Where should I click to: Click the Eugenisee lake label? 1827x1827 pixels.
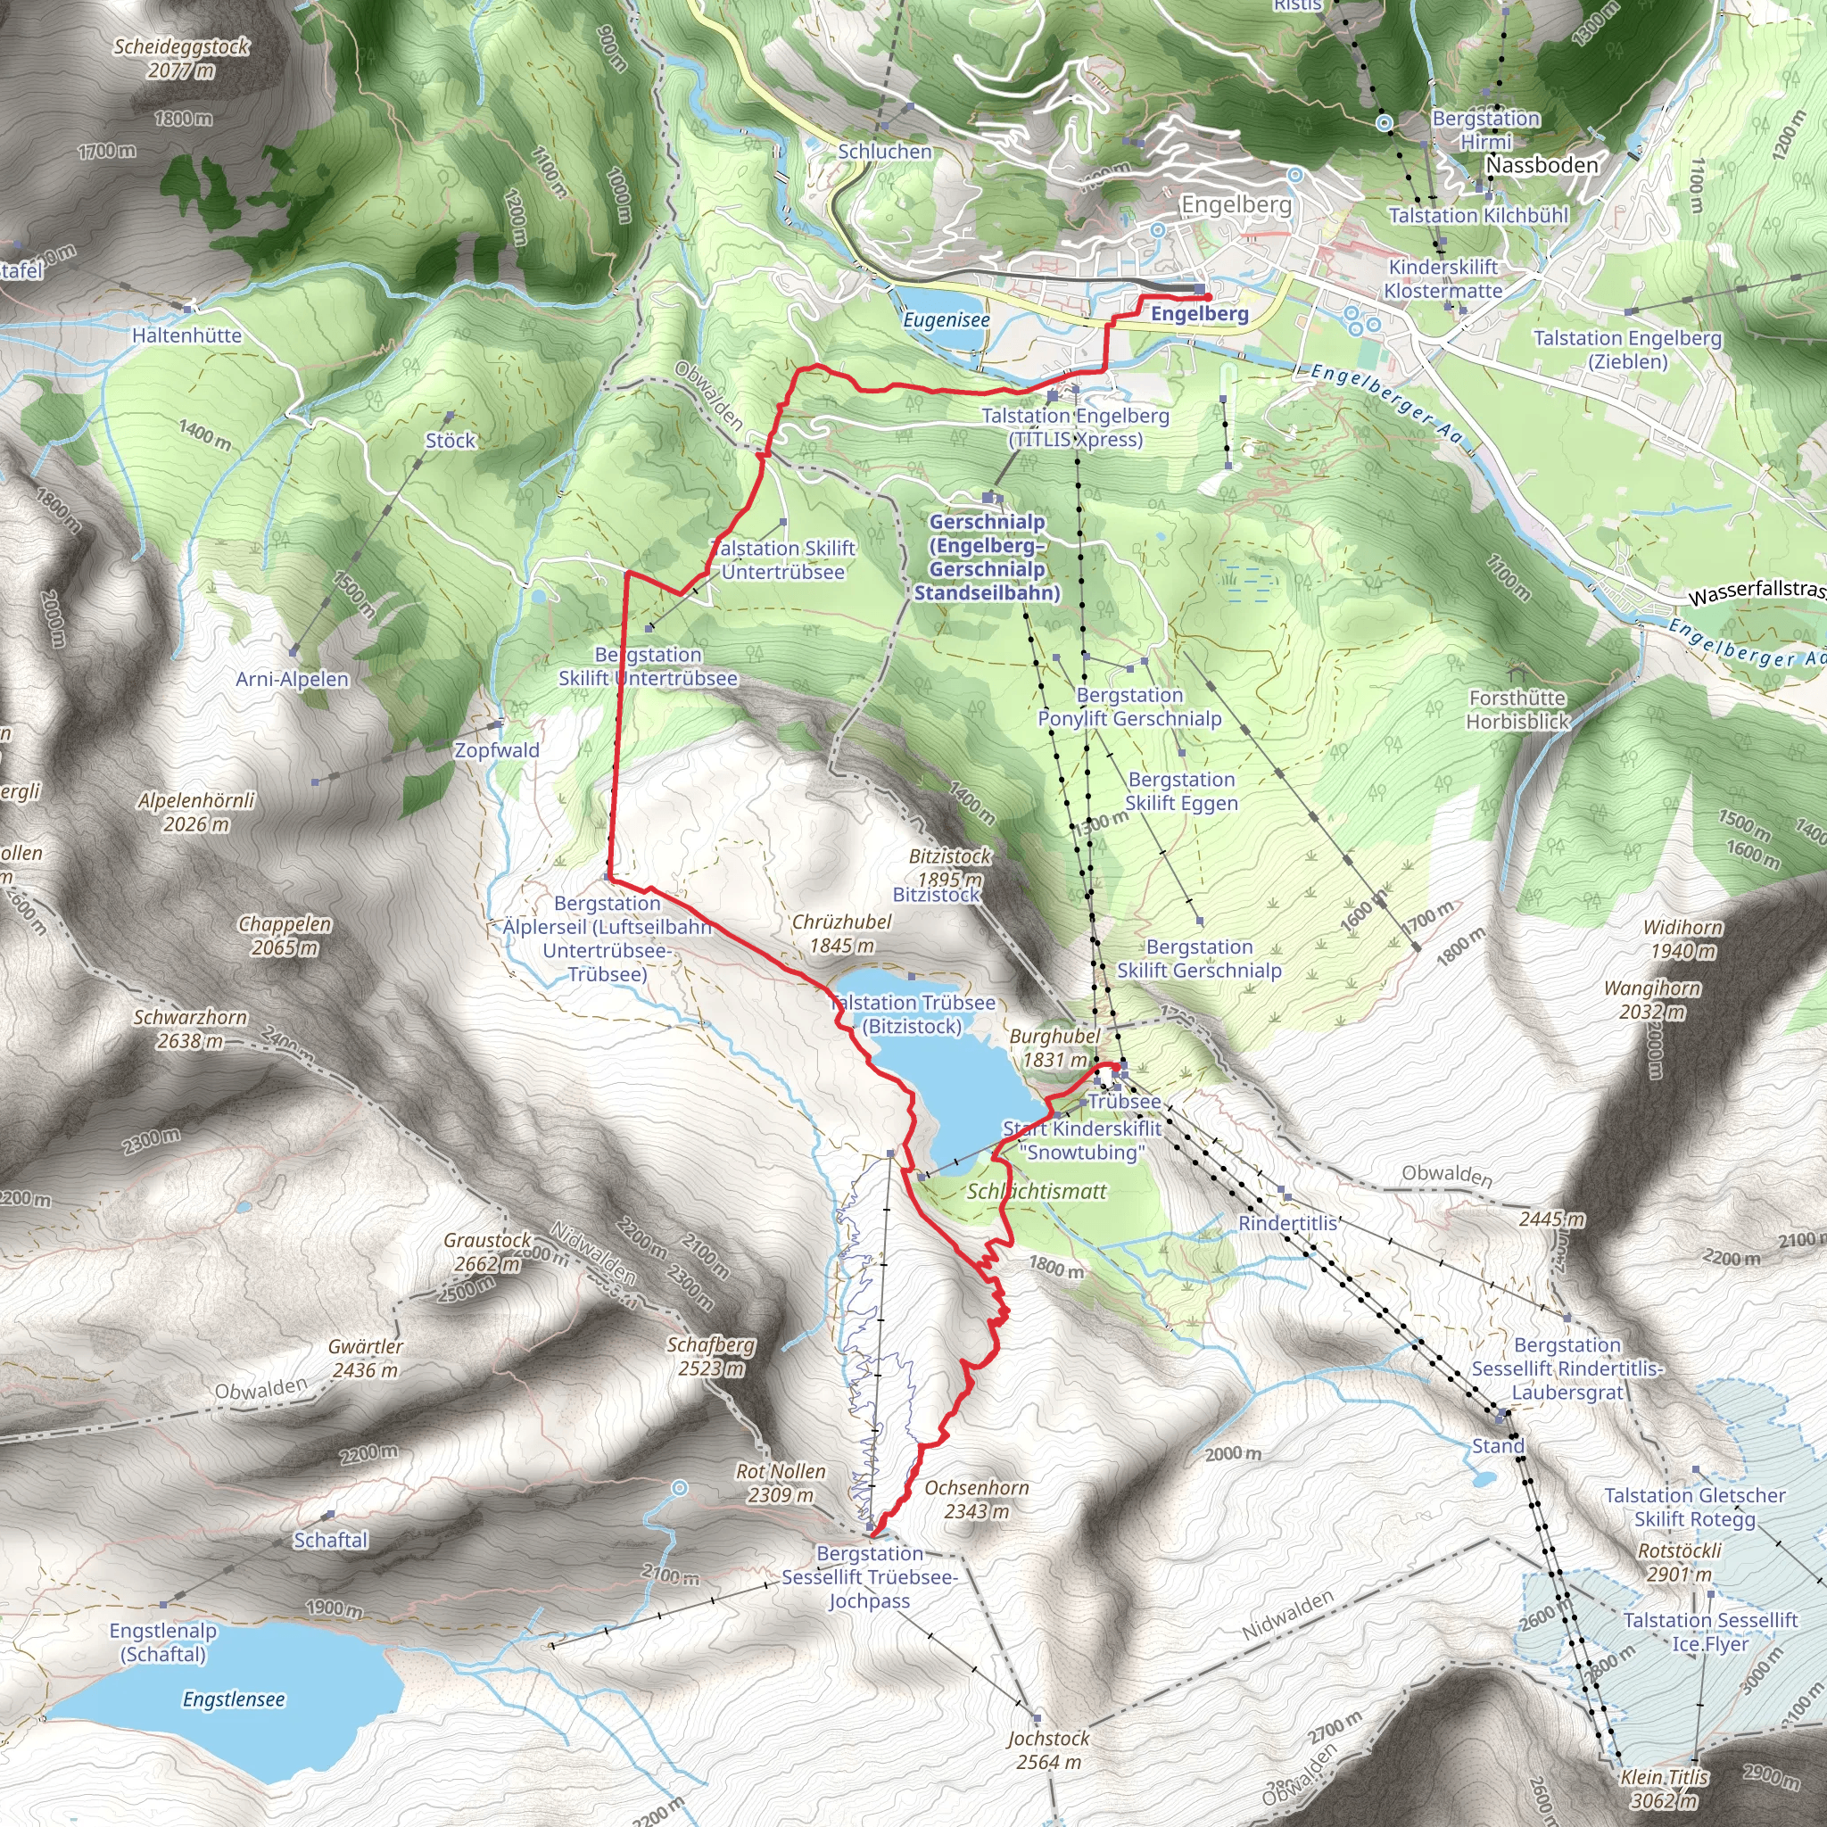[946, 319]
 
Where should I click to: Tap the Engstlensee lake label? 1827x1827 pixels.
[234, 1699]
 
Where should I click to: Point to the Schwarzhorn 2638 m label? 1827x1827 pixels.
[190, 1029]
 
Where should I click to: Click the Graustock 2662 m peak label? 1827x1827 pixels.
[488, 1251]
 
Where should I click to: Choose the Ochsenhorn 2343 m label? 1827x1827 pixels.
[976, 1499]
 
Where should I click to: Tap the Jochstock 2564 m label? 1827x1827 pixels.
[1048, 1749]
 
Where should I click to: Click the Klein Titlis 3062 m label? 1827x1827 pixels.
[1664, 1789]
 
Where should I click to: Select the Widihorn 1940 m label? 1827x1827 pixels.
[1682, 939]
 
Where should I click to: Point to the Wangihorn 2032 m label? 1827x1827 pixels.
[1652, 999]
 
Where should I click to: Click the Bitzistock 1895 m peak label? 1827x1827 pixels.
[949, 867]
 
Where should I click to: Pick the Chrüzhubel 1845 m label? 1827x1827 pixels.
[841, 933]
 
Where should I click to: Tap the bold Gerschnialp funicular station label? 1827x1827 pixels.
[987, 557]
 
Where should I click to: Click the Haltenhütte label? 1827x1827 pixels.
[186, 335]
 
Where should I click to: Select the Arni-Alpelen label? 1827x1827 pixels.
[293, 679]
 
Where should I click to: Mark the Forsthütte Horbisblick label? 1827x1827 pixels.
[1517, 709]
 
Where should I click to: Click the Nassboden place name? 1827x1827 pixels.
[1542, 164]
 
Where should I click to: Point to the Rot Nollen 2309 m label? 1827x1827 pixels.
[781, 1483]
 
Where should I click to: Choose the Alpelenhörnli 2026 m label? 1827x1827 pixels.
[196, 812]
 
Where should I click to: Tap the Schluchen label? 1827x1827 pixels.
[884, 152]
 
